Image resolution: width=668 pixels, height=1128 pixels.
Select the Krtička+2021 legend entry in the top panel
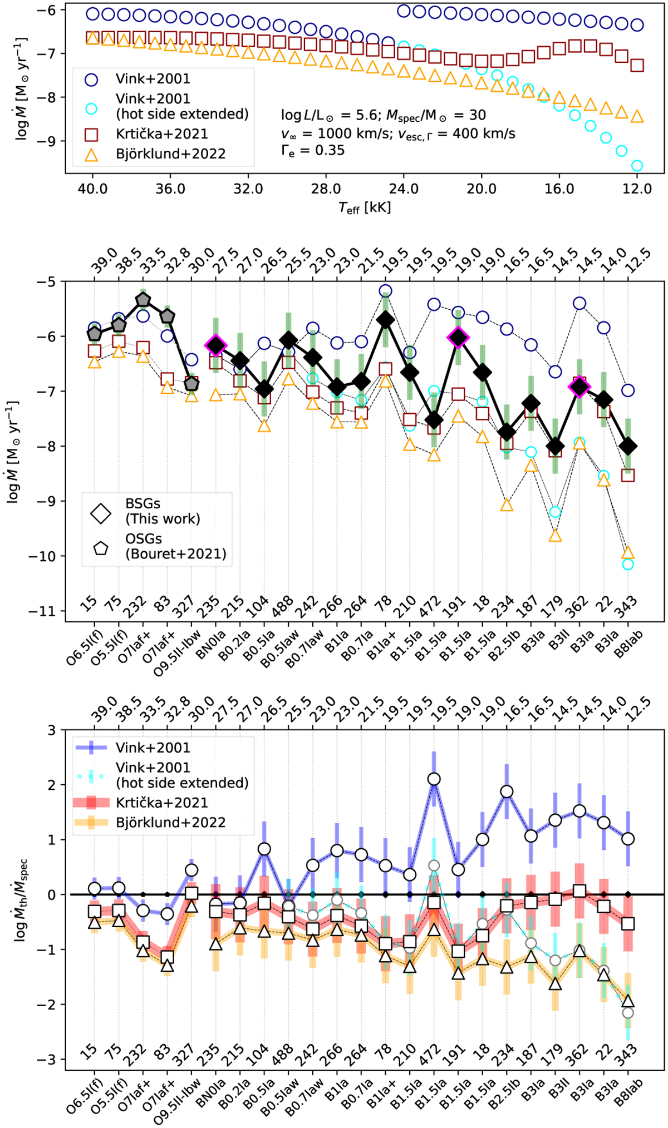click(x=161, y=134)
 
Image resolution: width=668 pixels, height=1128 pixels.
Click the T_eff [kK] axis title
click(x=365, y=208)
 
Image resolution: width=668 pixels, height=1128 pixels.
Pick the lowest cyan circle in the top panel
click(x=637, y=165)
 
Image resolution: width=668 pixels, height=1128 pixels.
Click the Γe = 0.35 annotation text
click(x=313, y=151)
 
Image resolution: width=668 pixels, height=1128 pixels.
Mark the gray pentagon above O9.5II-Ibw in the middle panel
click(x=191, y=384)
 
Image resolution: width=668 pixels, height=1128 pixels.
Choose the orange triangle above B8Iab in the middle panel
click(x=628, y=553)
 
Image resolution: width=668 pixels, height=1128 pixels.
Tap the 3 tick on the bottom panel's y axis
click(x=53, y=730)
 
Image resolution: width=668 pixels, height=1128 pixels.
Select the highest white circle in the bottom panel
click(x=434, y=779)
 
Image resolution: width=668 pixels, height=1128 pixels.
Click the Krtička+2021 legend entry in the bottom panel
click(x=162, y=803)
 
